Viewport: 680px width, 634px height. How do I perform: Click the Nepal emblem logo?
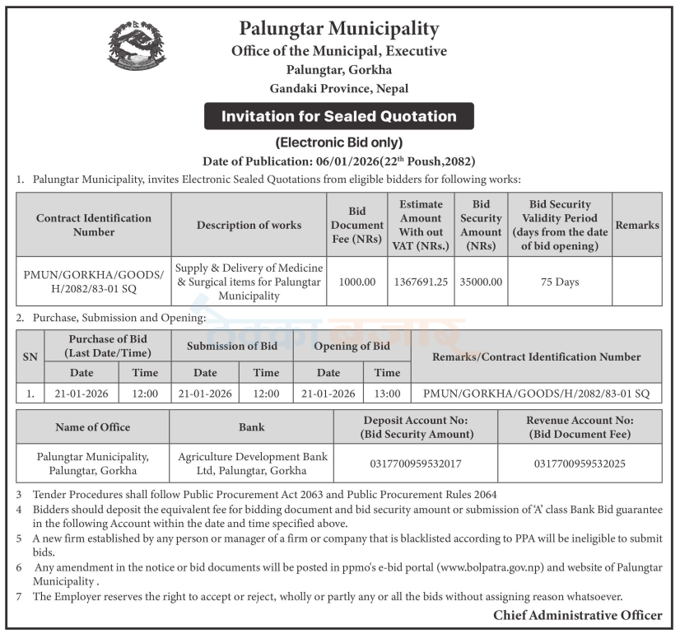click(x=137, y=46)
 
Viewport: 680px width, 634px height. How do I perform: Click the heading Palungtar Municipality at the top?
click(x=339, y=30)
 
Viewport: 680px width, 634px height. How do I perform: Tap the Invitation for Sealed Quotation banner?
click(x=339, y=116)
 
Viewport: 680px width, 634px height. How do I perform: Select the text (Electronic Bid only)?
click(x=339, y=142)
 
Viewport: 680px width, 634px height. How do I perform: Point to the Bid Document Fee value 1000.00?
click(x=356, y=282)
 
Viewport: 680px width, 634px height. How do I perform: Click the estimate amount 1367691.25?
click(x=421, y=282)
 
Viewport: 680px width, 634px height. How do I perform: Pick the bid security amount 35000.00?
click(x=481, y=282)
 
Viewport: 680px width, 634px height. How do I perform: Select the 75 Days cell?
click(x=560, y=282)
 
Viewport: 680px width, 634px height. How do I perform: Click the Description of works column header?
click(x=249, y=225)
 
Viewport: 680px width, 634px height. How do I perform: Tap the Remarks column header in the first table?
click(x=637, y=225)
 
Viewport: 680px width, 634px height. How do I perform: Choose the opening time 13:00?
click(x=387, y=394)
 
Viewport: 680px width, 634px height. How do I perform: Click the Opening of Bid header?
click(x=352, y=346)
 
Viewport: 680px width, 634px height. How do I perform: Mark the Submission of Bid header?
click(x=232, y=346)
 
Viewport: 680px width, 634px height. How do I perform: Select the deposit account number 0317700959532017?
click(x=416, y=464)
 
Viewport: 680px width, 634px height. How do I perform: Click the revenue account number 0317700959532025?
click(x=580, y=464)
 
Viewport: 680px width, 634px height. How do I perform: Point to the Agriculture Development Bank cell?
click(x=252, y=464)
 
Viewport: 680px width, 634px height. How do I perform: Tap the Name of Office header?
click(x=92, y=427)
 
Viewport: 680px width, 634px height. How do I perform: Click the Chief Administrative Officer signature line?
click(x=577, y=615)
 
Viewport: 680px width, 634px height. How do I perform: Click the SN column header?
click(x=30, y=357)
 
